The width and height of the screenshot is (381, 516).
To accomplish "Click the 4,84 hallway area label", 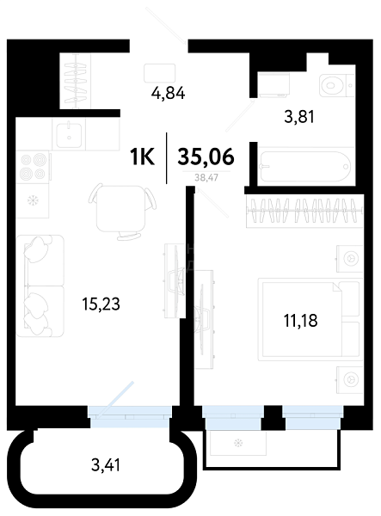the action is point(168,93).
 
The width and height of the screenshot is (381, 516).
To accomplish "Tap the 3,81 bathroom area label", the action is point(299,116).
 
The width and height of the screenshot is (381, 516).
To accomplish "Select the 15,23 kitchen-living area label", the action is point(101,304).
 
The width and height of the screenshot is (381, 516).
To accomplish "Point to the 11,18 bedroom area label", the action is point(300,321).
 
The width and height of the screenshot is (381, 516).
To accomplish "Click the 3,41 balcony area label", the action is point(106,465).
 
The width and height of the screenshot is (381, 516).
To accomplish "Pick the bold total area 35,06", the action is point(206,157).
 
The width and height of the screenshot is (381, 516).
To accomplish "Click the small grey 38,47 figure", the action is point(206,178).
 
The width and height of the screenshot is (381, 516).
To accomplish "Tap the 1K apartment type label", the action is point(142,157).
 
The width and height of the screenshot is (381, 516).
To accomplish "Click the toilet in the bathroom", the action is point(336,85).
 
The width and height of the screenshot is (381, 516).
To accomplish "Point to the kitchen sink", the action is point(69,135).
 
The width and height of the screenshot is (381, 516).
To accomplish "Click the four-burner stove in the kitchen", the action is point(33,167).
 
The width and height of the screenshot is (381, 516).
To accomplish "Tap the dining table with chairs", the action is point(122,211).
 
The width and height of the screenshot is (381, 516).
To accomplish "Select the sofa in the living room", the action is point(40,286).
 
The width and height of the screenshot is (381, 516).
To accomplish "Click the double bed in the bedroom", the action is point(310,319).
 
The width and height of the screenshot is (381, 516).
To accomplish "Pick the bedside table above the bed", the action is point(349,258).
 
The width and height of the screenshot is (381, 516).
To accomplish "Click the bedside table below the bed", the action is point(349,380).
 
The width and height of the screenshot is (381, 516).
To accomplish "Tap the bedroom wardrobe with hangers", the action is point(304,211).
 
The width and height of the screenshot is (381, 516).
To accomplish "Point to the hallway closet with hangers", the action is point(76,81).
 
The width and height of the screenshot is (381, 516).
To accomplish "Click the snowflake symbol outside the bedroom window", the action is point(238,443).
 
